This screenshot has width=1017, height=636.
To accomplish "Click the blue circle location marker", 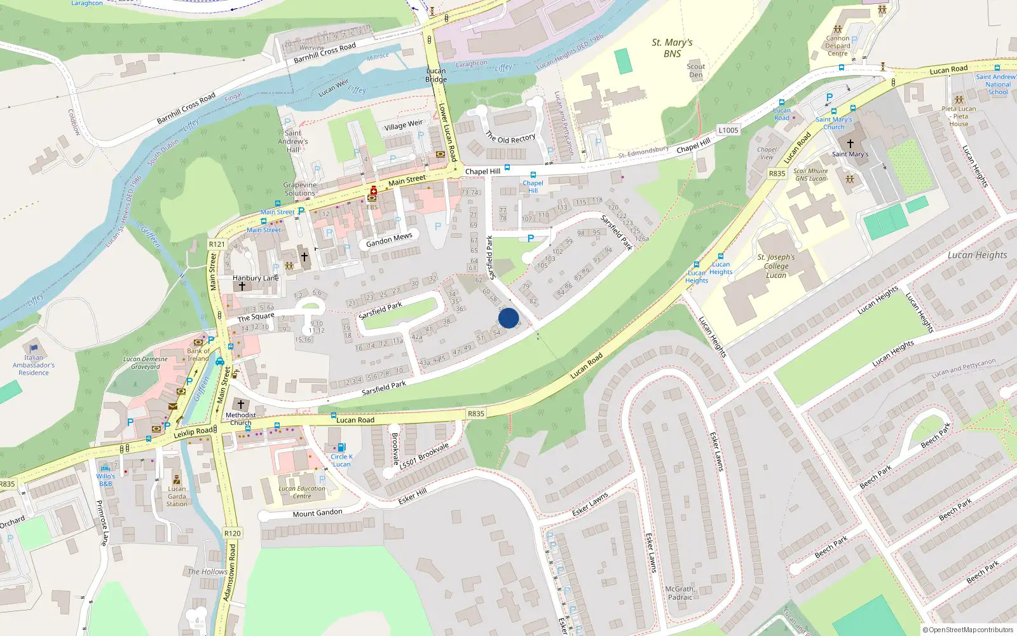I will tap(508, 318).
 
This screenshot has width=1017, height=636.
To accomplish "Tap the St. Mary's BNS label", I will tap(672, 48).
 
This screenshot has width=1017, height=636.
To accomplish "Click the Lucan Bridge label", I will tap(436, 75).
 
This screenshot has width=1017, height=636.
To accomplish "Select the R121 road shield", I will tap(217, 244).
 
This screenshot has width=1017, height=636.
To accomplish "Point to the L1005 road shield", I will tap(728, 130).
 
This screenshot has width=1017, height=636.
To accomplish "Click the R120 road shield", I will tap(233, 534).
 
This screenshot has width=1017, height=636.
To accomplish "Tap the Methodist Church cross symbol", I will tap(241, 404).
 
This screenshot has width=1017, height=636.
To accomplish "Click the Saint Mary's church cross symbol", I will tap(850, 144).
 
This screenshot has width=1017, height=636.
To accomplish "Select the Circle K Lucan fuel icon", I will tap(341, 447).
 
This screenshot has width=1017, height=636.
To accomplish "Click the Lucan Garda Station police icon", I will tap(177, 480).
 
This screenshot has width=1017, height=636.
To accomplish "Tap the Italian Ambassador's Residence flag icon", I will tap(34, 349).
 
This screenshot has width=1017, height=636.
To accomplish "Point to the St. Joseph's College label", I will tap(776, 266).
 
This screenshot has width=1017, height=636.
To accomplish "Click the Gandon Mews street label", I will tap(389, 240).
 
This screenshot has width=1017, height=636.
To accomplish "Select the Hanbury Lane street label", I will tap(256, 278).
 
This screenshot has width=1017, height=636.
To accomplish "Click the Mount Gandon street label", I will tap(317, 513).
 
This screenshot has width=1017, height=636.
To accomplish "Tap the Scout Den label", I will tap(696, 70).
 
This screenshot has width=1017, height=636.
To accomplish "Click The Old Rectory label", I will tap(510, 138).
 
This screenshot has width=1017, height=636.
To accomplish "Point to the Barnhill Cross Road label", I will tap(186, 108).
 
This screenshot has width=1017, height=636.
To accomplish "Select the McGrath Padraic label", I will tap(680, 593).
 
